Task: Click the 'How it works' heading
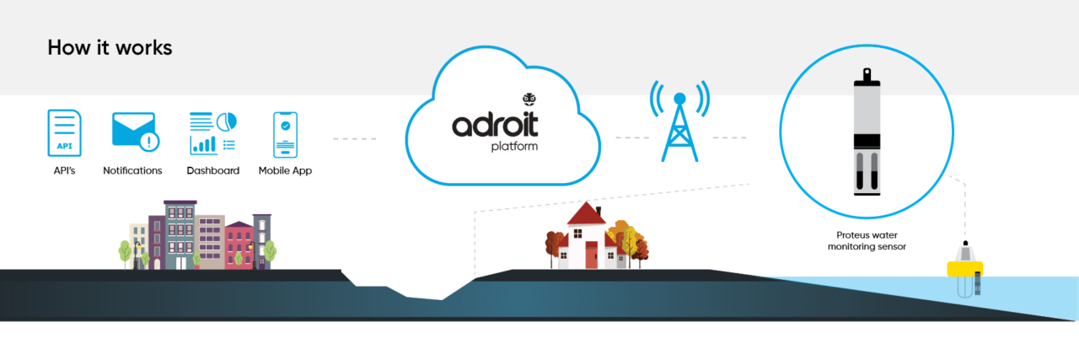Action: click(x=110, y=48)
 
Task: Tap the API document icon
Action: click(x=65, y=133)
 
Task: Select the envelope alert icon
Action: click(x=134, y=132)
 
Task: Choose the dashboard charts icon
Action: click(x=212, y=133)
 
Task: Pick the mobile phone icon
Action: click(x=285, y=134)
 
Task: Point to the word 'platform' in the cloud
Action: click(x=513, y=146)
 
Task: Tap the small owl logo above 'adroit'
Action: click(x=529, y=99)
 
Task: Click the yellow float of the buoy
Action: click(x=966, y=267)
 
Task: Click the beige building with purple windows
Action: click(x=210, y=240)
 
